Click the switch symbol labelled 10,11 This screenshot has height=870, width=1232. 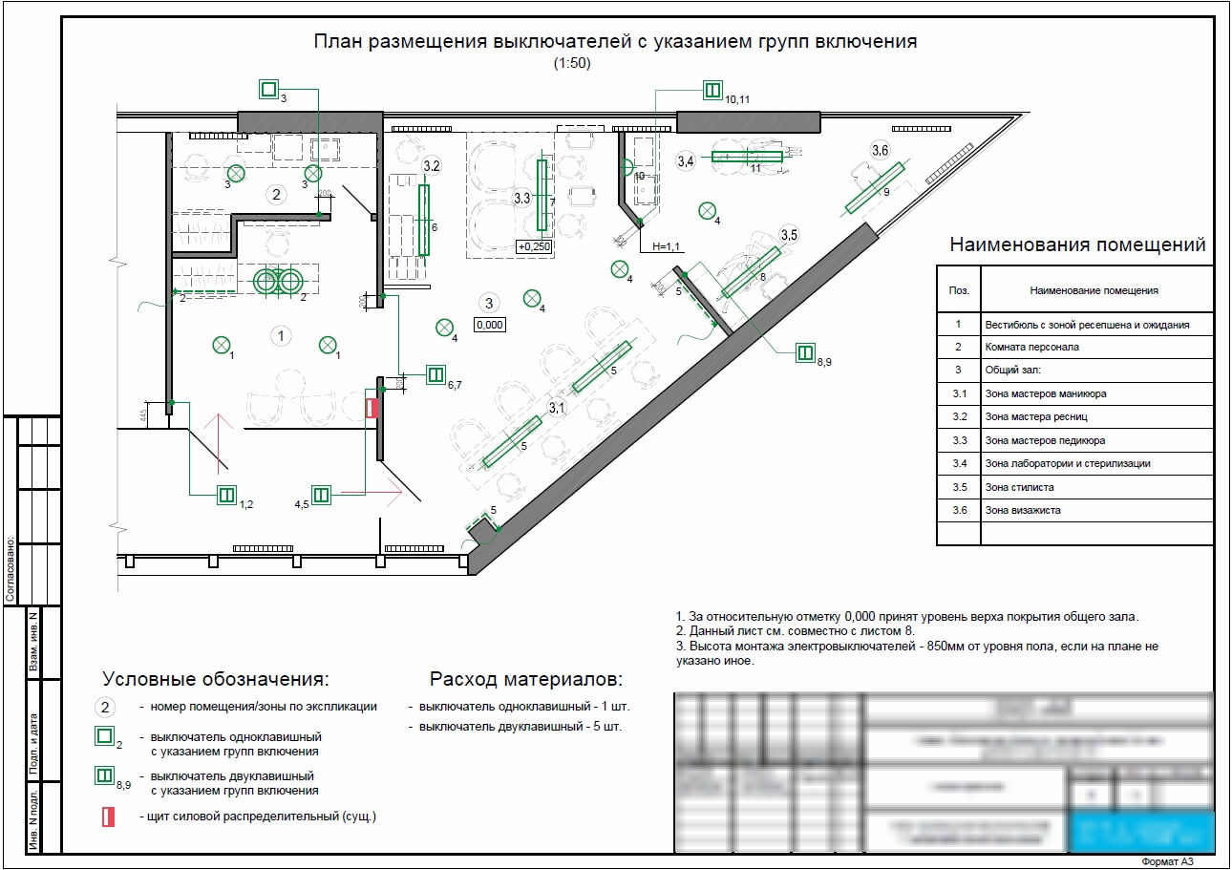[x=712, y=91]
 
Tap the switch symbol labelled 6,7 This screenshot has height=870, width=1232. [x=435, y=374]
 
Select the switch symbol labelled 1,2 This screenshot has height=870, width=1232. [x=226, y=495]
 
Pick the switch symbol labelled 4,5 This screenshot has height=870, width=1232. [x=322, y=495]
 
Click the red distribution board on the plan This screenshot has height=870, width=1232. [x=372, y=407]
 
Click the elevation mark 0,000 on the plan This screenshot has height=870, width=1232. [x=489, y=325]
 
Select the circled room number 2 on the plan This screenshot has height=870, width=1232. [x=276, y=195]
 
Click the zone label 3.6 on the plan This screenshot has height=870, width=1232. [x=880, y=150]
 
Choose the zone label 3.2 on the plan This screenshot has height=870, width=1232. [x=431, y=166]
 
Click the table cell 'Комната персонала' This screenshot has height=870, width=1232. [x=1018, y=348]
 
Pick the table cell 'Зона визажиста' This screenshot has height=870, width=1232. [x=1022, y=510]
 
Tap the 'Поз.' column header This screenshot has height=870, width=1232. [x=958, y=290]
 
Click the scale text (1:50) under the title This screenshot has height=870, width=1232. [x=573, y=64]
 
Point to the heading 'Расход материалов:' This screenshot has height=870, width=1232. [x=525, y=680]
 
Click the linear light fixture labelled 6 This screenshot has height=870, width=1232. [x=424, y=221]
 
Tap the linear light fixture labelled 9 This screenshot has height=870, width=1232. [x=874, y=188]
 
